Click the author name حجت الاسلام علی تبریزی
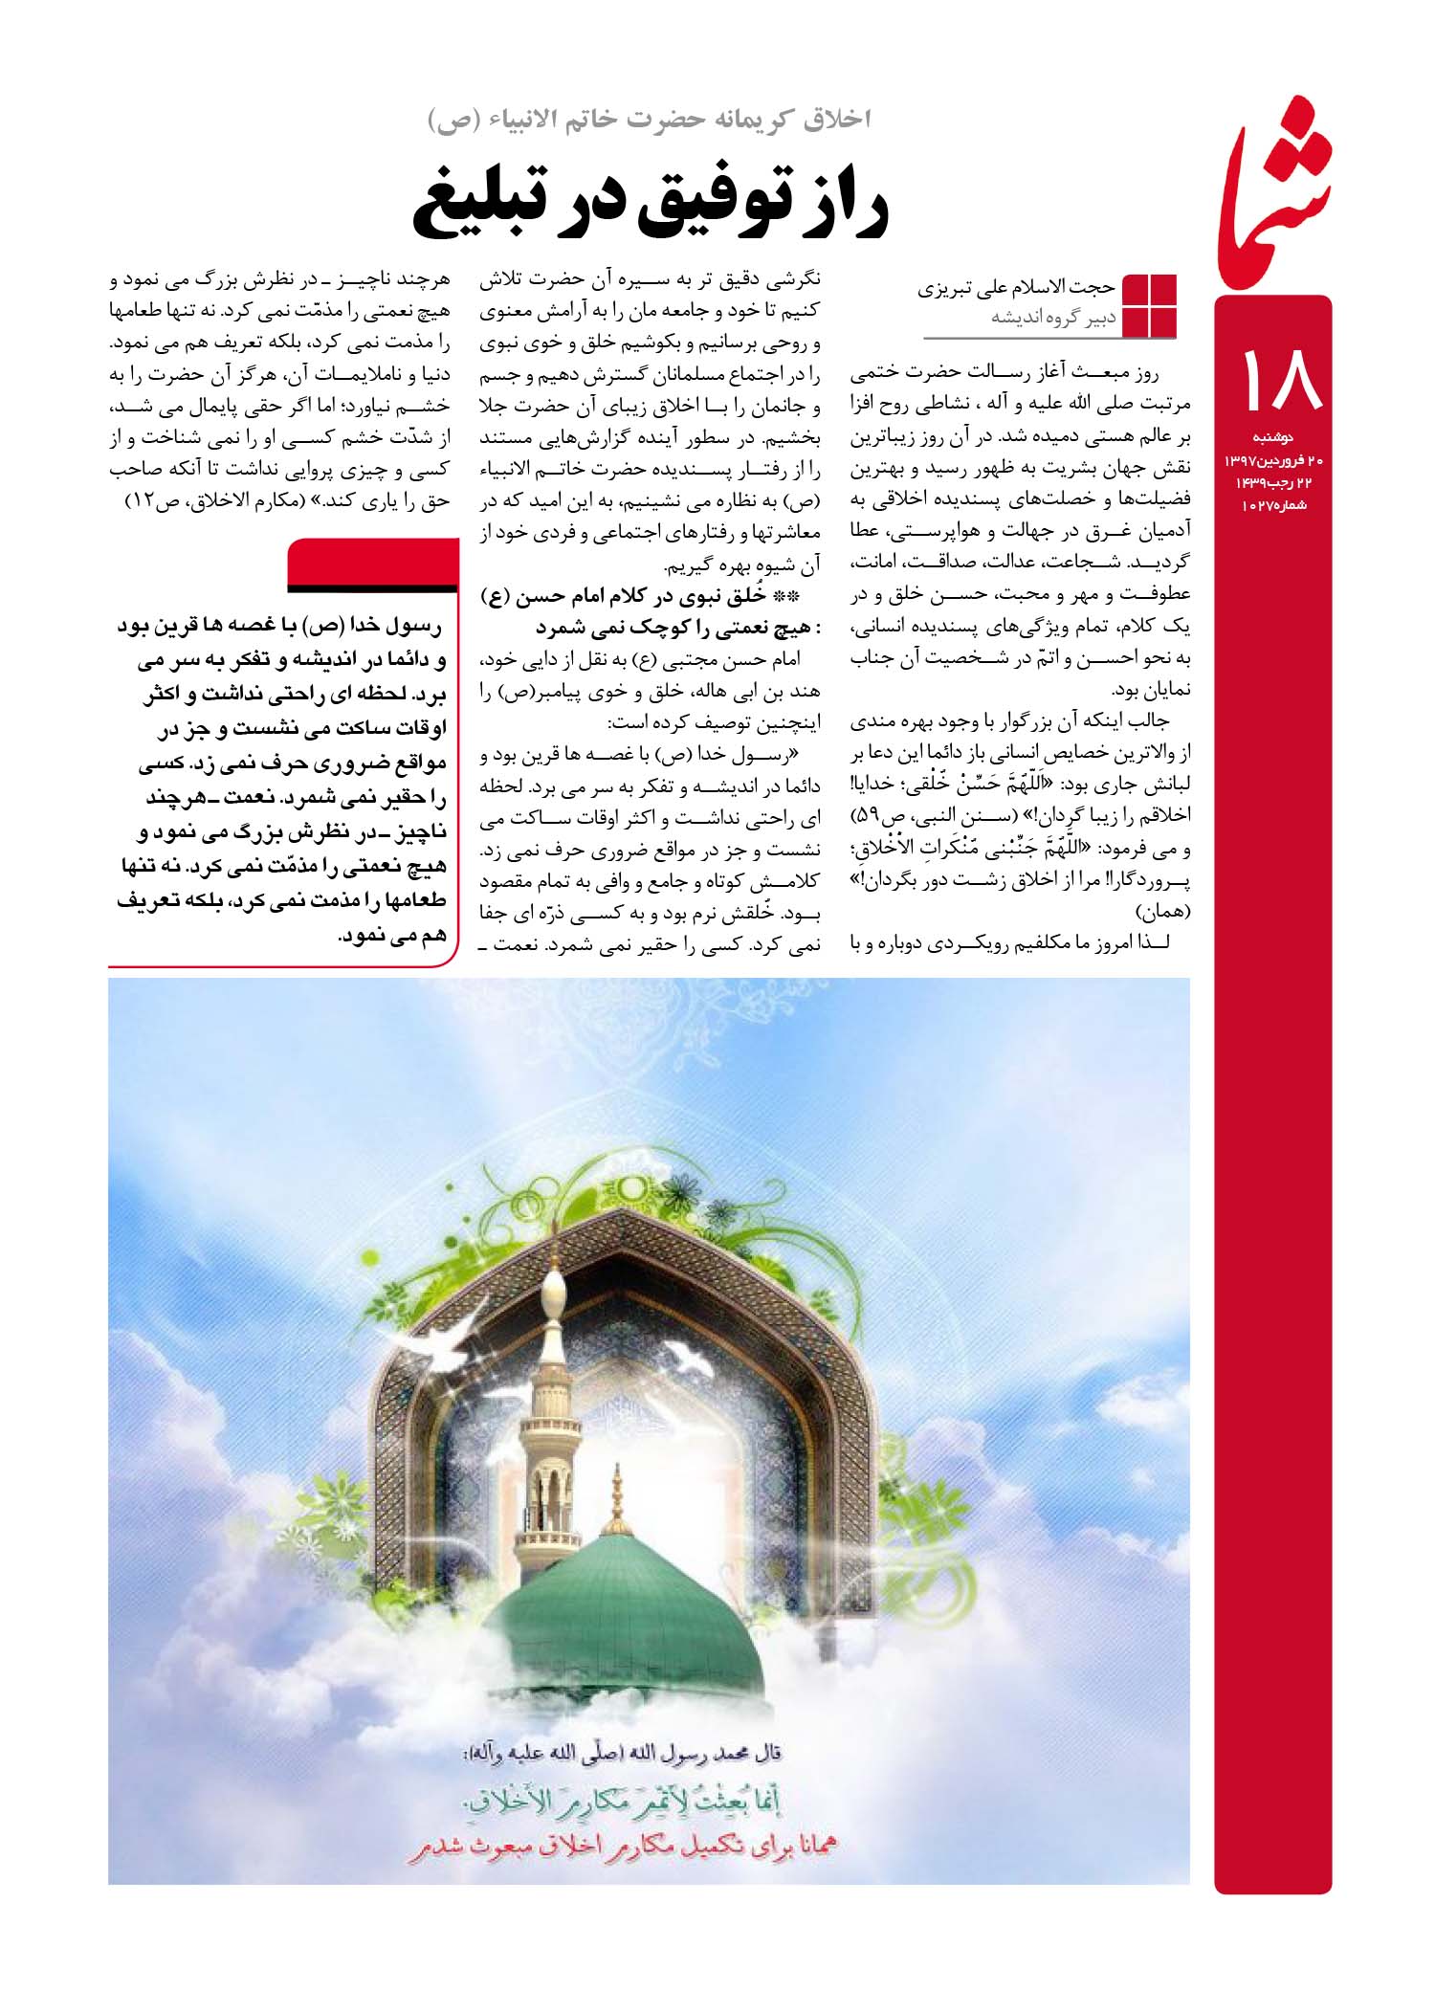pyautogui.click(x=1018, y=288)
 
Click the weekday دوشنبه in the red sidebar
pyautogui.click(x=1274, y=438)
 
